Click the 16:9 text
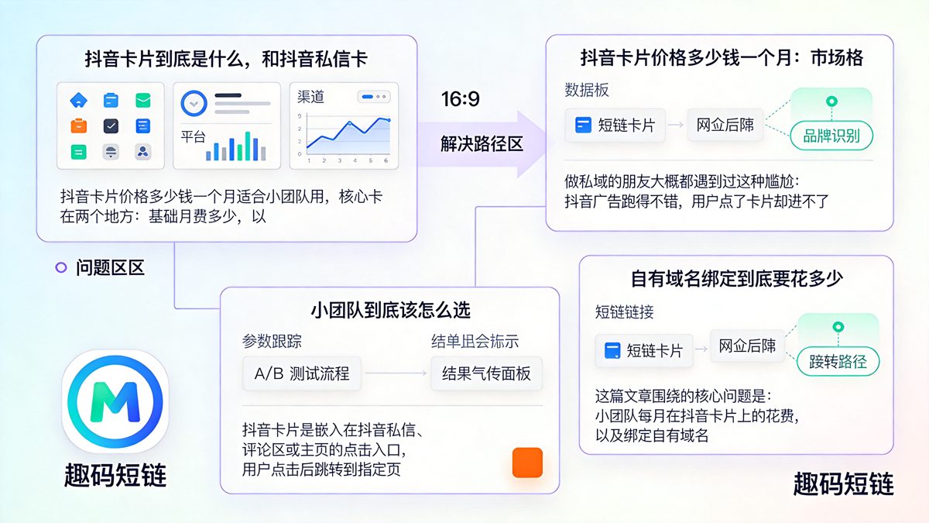pos(461,99)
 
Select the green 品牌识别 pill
pos(831,136)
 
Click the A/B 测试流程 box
pos(302,373)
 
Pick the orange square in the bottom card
pos(527,463)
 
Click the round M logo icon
pos(115,401)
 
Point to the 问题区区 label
pos(110,268)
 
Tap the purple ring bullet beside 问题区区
pos(61,268)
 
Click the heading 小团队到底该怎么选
pos(390,310)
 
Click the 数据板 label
pos(587,90)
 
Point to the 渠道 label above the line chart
pos(311,97)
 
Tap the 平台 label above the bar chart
pos(194,136)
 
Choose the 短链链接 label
pos(624,311)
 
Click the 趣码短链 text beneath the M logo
pos(115,475)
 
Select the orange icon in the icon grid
pos(79,126)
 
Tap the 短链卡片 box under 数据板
pos(615,125)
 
